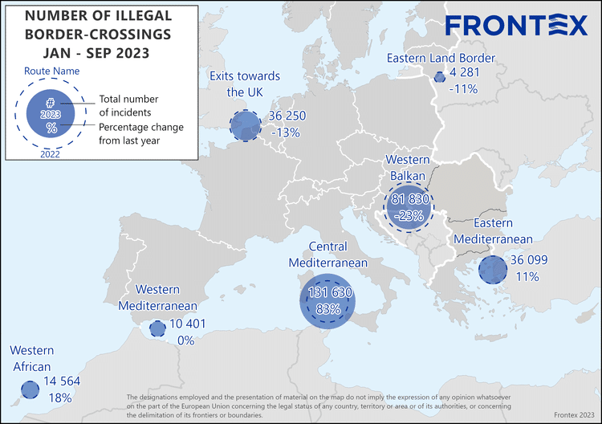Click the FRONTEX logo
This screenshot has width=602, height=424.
click(x=516, y=25)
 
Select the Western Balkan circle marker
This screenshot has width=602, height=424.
click(x=409, y=207)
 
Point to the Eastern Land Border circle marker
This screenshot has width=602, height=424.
click(x=440, y=77)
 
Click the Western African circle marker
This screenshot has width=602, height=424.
click(x=30, y=390)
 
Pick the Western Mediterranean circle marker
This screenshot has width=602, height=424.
click(x=157, y=329)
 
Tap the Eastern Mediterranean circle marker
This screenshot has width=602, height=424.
click(x=491, y=270)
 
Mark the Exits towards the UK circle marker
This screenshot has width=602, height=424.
click(x=245, y=125)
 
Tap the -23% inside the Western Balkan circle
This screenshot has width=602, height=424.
click(x=409, y=215)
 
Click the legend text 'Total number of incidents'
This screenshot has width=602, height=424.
click(x=126, y=105)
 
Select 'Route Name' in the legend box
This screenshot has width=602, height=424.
click(x=51, y=71)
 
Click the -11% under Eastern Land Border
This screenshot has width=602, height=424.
click(x=464, y=89)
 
